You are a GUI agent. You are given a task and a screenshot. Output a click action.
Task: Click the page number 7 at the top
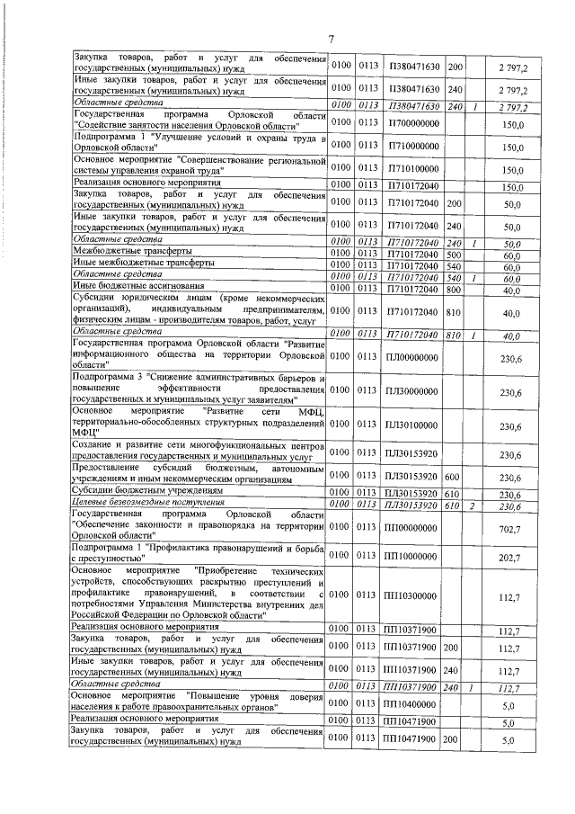pos(331,39)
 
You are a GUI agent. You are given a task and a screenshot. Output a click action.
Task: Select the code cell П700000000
pos(409,123)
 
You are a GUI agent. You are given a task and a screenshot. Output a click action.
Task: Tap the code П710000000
pos(409,146)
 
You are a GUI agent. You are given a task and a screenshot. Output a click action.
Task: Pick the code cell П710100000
pos(409,168)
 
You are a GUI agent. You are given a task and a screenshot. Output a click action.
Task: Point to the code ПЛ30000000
pos(409,391)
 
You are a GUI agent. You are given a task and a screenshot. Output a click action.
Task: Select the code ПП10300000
pos(409,595)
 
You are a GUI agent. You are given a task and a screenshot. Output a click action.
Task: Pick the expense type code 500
pos(453,255)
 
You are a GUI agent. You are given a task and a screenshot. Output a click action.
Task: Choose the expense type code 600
pos(453,477)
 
